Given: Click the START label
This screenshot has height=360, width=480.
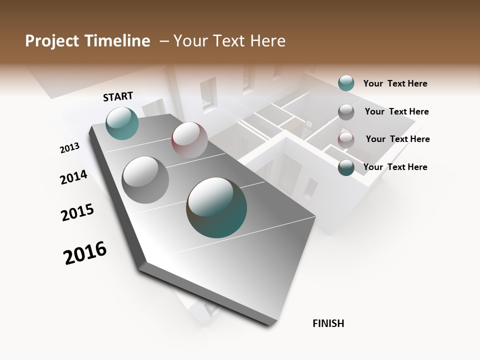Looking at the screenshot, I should click(x=118, y=96).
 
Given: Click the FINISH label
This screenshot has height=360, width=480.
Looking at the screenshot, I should click(x=328, y=323).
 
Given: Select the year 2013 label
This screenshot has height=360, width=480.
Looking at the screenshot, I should click(x=69, y=148).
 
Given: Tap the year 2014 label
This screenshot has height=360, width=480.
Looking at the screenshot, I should click(x=73, y=177).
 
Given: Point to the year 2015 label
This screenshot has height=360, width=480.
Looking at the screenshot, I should click(x=77, y=212).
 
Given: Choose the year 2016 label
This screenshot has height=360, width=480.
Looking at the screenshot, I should click(x=85, y=253).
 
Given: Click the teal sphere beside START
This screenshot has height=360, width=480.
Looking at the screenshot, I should click(x=122, y=123).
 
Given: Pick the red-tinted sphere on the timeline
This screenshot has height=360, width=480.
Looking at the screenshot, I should click(x=189, y=140).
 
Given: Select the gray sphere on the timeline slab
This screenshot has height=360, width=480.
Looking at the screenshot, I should click(x=145, y=180).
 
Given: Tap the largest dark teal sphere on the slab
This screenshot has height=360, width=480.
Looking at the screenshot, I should click(x=216, y=207).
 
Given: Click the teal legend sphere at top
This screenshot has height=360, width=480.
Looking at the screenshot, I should click(x=346, y=83).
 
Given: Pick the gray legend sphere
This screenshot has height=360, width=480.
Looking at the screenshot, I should click(x=346, y=112).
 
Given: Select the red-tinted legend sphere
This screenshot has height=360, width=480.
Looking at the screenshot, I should click(x=346, y=140).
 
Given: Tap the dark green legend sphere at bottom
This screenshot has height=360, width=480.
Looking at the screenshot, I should click(x=346, y=167).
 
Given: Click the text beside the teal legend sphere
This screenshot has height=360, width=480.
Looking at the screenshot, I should click(x=395, y=83).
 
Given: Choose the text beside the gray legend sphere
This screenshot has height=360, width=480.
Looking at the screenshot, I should click(x=396, y=111).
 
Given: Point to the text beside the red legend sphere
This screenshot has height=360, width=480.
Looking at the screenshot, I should click(x=397, y=139).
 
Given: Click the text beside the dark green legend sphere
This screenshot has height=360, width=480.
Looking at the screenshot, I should click(x=395, y=167).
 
